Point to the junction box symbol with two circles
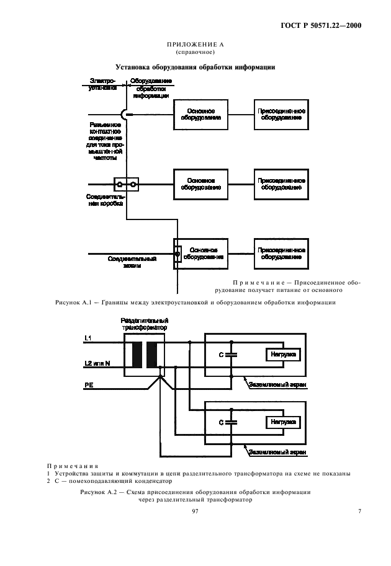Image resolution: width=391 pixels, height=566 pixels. [x=126, y=184]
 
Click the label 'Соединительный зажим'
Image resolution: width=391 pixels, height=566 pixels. [x=132, y=262]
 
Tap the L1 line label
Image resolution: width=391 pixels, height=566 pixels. [x=88, y=337]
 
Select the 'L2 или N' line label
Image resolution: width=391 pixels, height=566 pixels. [x=97, y=363]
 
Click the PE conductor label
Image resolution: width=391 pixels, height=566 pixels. [x=89, y=385]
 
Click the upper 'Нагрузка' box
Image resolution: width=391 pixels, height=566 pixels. [x=282, y=354]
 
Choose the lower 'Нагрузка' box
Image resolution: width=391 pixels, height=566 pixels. [x=282, y=422]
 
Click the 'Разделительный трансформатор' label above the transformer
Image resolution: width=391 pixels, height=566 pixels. [x=144, y=324]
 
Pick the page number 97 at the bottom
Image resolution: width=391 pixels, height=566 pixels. [x=195, y=511]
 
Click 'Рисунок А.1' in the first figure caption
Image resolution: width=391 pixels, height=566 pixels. [x=74, y=302]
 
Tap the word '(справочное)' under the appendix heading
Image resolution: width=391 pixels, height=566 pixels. [x=195, y=52]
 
